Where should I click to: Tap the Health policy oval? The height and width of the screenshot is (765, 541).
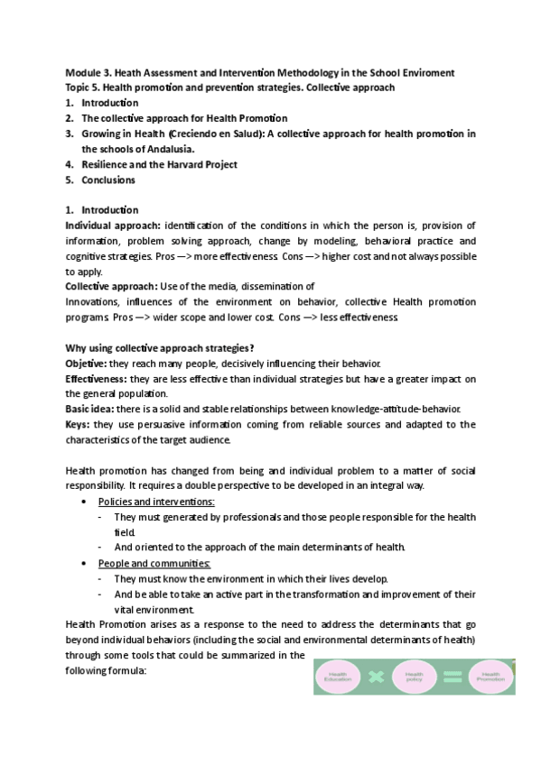414,675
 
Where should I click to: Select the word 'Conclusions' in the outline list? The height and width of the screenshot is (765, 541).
107,180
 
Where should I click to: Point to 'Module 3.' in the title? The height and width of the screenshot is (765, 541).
88,72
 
